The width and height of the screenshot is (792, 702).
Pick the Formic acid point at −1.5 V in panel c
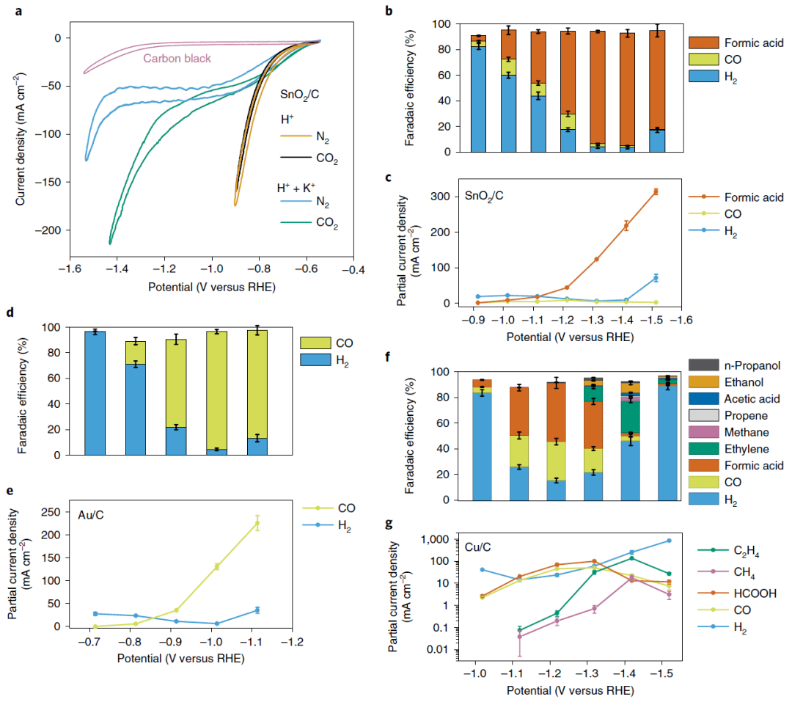656,191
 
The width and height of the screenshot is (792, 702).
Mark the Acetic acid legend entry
737,398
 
